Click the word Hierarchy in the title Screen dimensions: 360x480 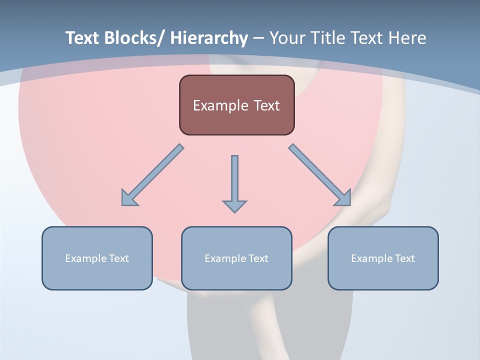click(x=209, y=38)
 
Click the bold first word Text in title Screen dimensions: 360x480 click(x=83, y=38)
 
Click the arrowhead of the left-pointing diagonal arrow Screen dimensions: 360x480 click(x=128, y=199)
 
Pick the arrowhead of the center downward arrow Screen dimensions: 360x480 click(x=234, y=206)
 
